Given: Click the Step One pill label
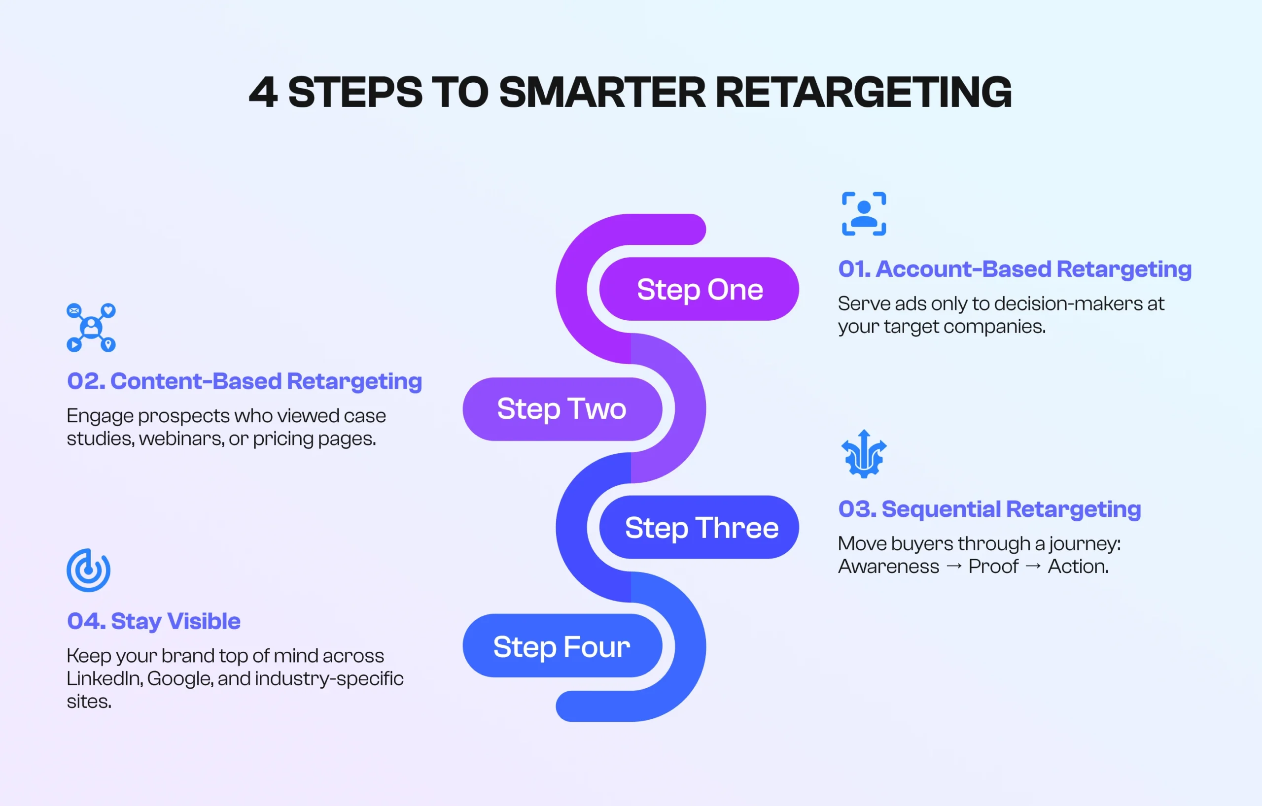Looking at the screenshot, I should pos(699,289).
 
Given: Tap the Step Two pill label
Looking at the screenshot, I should pos(561,408).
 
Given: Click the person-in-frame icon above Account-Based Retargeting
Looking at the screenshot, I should pos(864,214).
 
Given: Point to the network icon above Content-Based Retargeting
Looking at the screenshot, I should pos(91,327).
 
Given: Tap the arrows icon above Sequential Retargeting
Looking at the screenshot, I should pos(864,454).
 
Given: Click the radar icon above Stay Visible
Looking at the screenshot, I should pos(89,571).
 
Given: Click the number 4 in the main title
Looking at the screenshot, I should pos(263,92).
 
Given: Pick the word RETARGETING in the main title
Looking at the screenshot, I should pos(863,92).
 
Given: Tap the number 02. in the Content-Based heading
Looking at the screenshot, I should pos(86,381).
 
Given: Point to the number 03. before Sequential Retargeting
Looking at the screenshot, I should pos(857,509).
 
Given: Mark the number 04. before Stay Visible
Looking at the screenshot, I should pos(86,621).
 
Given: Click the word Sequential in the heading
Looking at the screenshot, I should pos(941,509).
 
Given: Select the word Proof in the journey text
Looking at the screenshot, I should pos(993,566).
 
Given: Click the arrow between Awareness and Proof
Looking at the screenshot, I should pos(954,566).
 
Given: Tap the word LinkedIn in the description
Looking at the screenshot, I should pos(105,678).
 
